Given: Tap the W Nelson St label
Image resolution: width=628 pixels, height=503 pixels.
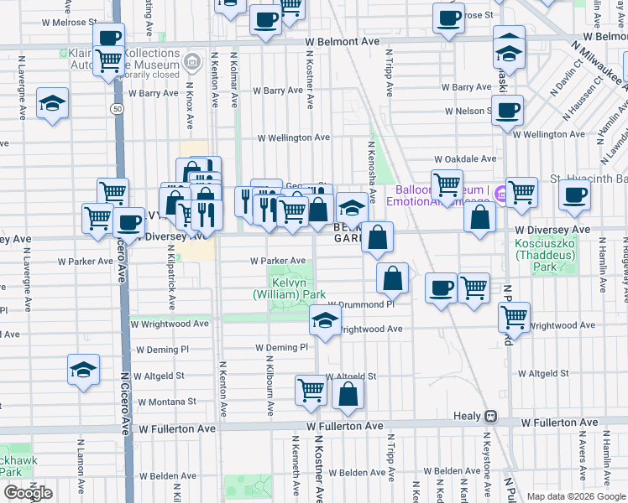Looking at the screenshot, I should pyautogui.click(x=468, y=111).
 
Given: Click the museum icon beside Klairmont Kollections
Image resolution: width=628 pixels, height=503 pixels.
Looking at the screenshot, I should pyautogui.click(x=192, y=61).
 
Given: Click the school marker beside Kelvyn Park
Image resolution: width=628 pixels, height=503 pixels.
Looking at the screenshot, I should pyautogui.click(x=326, y=318).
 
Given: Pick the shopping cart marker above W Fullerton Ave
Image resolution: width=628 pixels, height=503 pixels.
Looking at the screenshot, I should pyautogui.click(x=311, y=390).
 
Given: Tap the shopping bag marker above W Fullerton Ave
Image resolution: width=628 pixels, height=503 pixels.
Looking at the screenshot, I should pyautogui.click(x=348, y=392).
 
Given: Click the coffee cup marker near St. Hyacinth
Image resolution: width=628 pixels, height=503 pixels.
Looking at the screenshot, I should pyautogui.click(x=574, y=195).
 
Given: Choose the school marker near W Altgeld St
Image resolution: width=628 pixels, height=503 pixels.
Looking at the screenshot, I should pyautogui.click(x=83, y=369).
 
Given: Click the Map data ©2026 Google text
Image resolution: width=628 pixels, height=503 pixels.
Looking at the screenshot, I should pyautogui.click(x=575, y=496).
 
